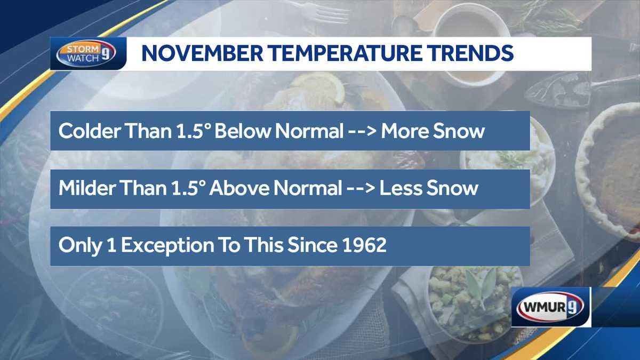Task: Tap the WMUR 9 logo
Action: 551,307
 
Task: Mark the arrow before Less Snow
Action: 359,189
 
